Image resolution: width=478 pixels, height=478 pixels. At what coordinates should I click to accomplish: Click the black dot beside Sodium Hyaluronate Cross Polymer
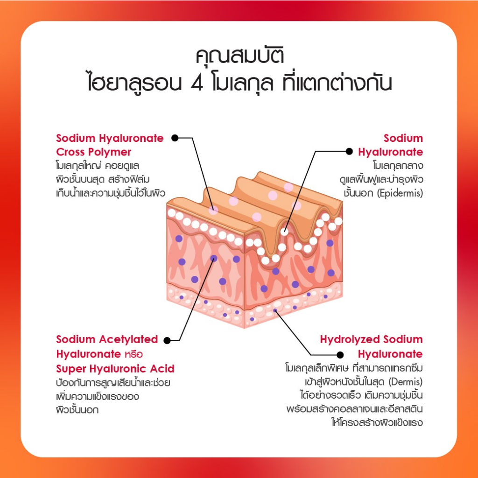click(x=175, y=138)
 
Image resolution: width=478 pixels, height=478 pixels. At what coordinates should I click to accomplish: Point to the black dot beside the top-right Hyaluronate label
click(x=349, y=152)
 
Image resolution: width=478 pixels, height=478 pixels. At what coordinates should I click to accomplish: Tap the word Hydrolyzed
click(x=350, y=340)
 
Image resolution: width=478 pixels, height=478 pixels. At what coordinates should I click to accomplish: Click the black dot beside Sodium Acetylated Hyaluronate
click(x=167, y=340)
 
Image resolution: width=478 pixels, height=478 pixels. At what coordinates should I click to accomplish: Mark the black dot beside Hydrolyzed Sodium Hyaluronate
click(x=340, y=355)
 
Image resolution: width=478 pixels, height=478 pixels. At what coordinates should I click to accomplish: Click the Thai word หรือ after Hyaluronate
click(x=134, y=354)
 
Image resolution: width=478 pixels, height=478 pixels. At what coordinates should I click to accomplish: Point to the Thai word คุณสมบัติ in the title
click(x=239, y=56)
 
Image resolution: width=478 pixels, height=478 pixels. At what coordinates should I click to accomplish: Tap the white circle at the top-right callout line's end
click(x=285, y=232)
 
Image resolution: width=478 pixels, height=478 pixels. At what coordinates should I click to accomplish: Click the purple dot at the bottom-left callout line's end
click(x=214, y=259)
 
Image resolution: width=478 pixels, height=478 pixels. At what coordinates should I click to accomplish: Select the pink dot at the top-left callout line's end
click(x=213, y=210)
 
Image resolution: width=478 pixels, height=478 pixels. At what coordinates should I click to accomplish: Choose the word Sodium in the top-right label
click(x=403, y=138)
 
